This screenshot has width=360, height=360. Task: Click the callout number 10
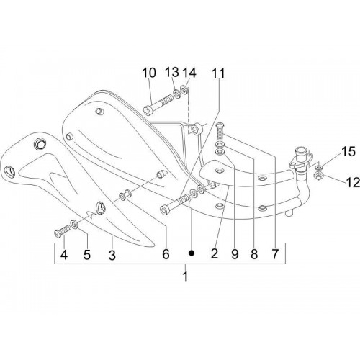point(149,73)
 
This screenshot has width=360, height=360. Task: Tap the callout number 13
point(172,72)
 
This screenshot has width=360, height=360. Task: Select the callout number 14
point(189,73)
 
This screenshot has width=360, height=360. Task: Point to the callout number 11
point(218,73)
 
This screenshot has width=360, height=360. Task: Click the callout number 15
point(348,152)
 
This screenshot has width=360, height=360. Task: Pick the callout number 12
point(353,183)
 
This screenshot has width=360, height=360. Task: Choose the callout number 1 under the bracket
point(185,276)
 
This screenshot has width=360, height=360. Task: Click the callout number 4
point(64,255)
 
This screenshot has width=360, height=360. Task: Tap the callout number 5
point(87,255)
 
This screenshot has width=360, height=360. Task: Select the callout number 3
point(112,255)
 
